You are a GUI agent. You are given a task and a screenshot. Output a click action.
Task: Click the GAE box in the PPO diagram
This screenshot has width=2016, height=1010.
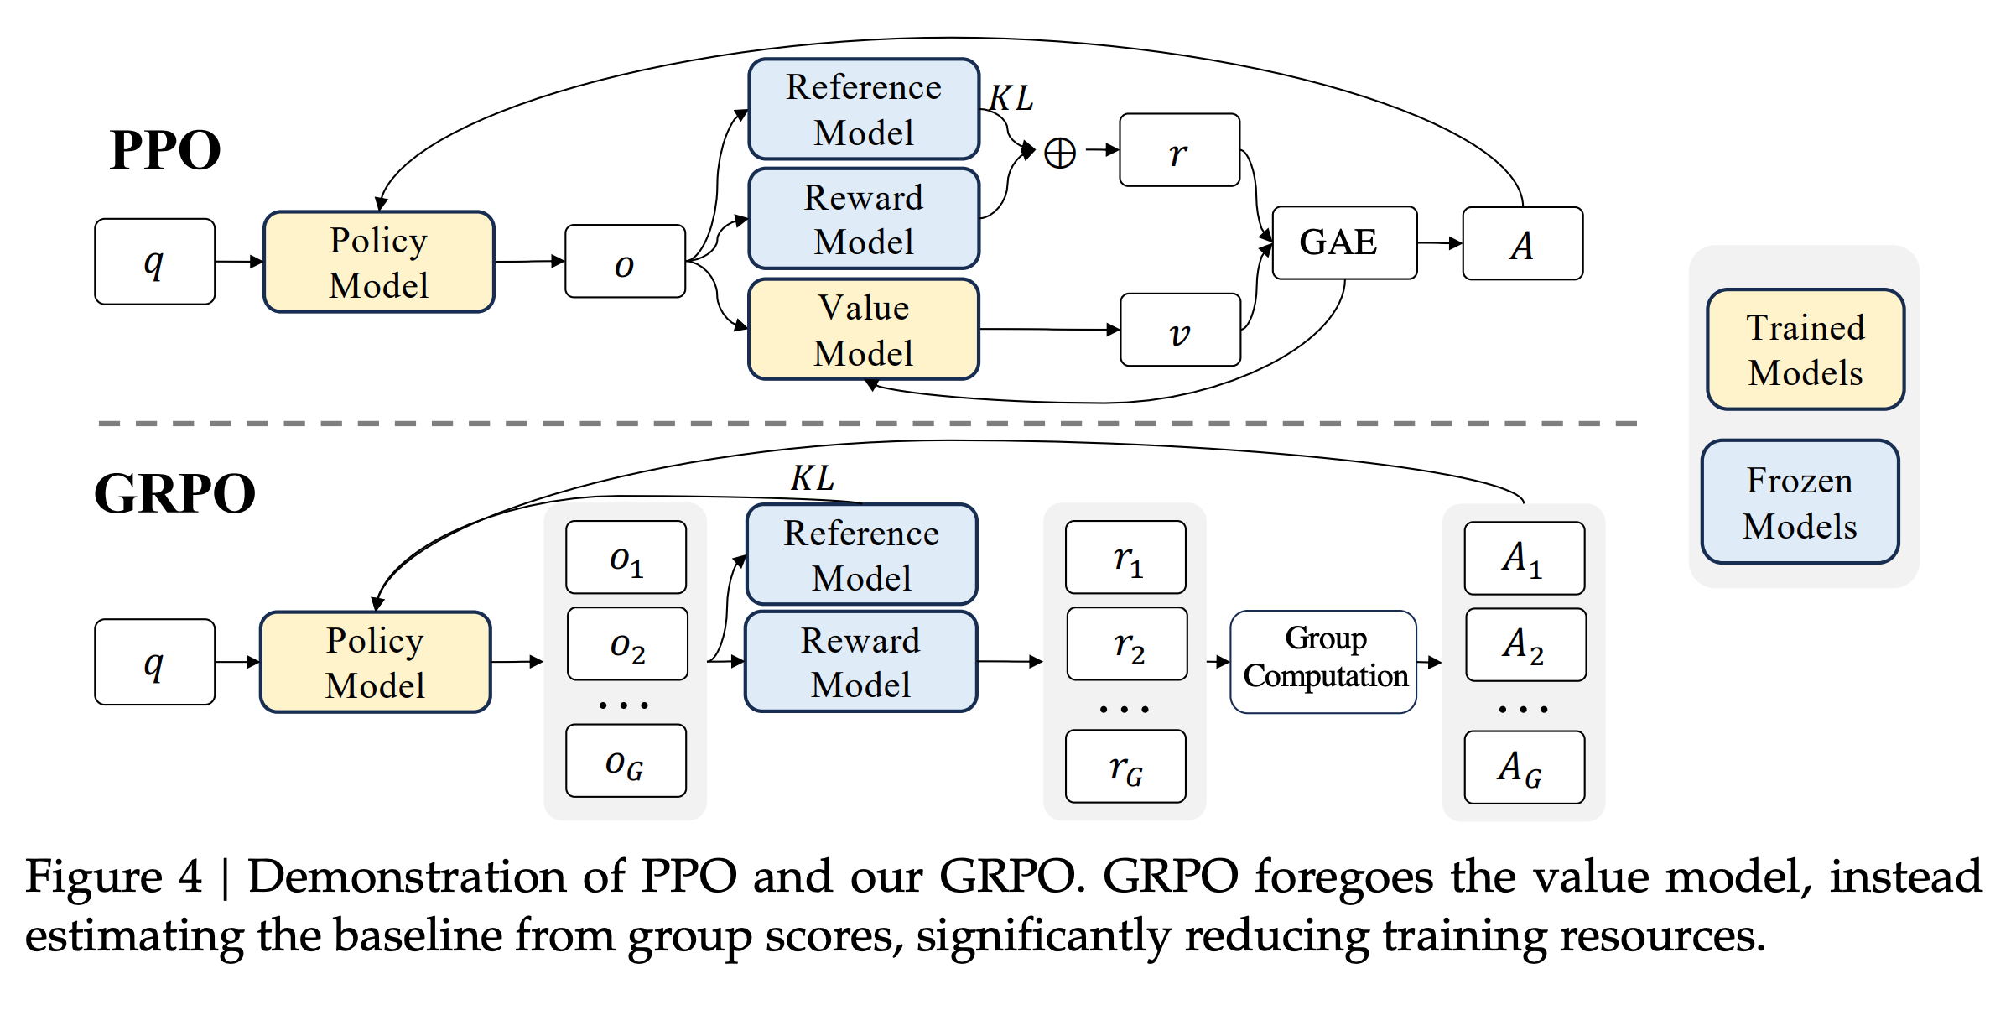(x=1344, y=242)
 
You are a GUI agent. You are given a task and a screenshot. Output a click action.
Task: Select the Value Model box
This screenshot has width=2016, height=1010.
(x=864, y=329)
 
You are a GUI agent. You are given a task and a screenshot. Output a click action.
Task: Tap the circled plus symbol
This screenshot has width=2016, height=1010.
(x=1060, y=153)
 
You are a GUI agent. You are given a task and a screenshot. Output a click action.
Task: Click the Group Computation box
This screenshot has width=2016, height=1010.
(x=1323, y=662)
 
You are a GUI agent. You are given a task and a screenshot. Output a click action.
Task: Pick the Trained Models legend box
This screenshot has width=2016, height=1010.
(x=1806, y=349)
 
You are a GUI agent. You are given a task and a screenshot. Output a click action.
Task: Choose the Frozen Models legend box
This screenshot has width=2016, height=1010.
(x=1800, y=502)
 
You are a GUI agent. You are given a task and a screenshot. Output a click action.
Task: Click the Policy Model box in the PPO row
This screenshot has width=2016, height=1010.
(x=379, y=262)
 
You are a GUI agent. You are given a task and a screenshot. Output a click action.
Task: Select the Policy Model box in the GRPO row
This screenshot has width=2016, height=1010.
(x=376, y=662)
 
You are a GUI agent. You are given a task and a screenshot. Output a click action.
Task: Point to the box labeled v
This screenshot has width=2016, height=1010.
(x=1180, y=330)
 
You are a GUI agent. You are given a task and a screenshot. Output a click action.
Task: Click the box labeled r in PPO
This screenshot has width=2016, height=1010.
(x=1179, y=150)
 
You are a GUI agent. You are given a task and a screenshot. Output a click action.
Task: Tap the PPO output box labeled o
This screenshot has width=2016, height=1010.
(x=625, y=261)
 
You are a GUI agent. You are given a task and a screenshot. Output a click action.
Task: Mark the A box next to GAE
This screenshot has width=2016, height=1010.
(x=1523, y=243)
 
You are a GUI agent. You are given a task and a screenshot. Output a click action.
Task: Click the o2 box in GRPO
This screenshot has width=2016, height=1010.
(x=627, y=643)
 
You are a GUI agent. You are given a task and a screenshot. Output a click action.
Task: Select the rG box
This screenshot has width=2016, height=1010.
(x=1125, y=766)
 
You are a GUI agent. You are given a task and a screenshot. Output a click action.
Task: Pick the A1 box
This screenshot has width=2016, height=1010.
(x=1525, y=558)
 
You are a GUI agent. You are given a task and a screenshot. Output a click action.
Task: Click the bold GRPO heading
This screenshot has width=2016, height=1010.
(x=174, y=493)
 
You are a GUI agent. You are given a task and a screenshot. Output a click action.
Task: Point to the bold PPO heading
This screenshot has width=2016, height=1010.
(x=165, y=150)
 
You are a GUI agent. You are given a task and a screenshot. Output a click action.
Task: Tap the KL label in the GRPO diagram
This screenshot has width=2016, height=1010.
(x=813, y=478)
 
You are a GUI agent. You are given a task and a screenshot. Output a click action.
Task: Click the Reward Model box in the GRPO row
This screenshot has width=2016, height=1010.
(x=860, y=662)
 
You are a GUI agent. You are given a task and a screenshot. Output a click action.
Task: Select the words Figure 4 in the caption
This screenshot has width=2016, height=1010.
(x=114, y=877)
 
